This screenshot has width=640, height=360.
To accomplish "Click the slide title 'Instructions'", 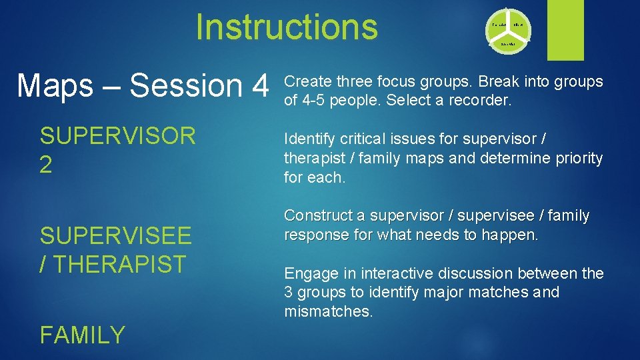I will click(287, 27).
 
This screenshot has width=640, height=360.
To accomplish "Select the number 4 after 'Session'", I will click(257, 86).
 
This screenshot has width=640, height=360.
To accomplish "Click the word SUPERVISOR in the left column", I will click(118, 136).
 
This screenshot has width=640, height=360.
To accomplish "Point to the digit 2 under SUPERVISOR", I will click(46, 165).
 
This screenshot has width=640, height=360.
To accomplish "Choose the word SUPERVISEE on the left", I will click(115, 235).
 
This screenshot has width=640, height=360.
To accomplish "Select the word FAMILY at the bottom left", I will click(82, 335).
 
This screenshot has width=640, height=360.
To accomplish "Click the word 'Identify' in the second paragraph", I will click(309, 139).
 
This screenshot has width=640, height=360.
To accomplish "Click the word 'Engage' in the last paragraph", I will click(308, 273).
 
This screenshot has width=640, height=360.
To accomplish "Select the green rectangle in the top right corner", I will click(565, 29).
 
